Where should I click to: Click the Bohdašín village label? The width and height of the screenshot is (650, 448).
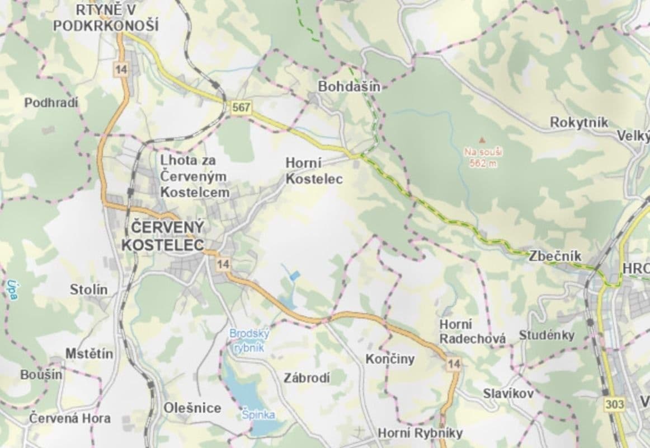pos(349,87)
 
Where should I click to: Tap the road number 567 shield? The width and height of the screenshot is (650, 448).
pos(239,109)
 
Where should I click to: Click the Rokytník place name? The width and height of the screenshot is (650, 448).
pos(578,122)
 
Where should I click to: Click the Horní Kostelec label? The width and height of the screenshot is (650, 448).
pos(313,171)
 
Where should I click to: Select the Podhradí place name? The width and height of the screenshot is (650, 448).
pos(51,103)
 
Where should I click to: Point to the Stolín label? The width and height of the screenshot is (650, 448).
pos(89,290)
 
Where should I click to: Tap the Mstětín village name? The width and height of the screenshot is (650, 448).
pos(89,354)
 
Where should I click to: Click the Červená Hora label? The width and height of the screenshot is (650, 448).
pos(70,418)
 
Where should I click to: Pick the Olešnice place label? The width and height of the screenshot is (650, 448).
pos(192,408)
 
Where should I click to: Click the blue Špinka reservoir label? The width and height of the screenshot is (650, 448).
pos(258,415)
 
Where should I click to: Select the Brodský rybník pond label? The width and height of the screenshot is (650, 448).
pos(249,340)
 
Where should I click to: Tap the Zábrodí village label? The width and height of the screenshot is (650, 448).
pos(307,378)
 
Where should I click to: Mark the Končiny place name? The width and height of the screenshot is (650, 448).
pos(390,359)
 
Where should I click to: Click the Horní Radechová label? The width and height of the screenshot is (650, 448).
pos(472,332)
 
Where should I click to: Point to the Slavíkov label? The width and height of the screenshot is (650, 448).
pos(508,394)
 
